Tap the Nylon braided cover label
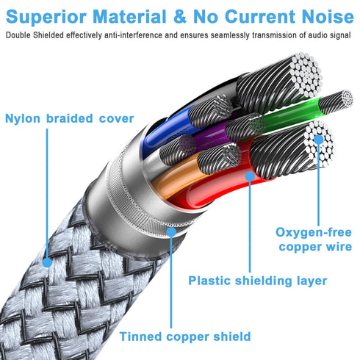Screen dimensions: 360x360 (69, 118)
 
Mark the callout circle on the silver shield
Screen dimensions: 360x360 (171, 232)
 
